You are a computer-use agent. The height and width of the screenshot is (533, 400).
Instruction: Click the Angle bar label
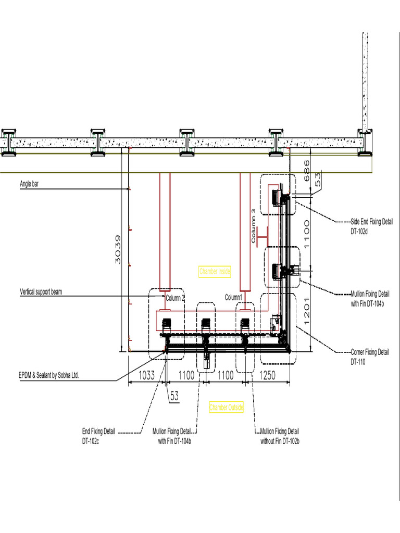point(29,184)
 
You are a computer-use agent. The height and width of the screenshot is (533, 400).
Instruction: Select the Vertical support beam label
point(41,292)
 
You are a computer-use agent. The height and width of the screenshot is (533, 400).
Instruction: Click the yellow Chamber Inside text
point(215,271)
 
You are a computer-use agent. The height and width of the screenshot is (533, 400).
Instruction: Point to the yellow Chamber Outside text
point(226,408)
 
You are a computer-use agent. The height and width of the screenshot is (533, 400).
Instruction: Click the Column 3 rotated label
point(254,226)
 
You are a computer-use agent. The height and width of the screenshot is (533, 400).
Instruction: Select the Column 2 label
point(175,298)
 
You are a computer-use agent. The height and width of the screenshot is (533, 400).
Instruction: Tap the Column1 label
point(234,297)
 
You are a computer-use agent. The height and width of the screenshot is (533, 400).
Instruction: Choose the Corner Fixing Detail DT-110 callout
point(369,356)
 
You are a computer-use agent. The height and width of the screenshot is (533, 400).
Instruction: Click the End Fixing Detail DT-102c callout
point(98,436)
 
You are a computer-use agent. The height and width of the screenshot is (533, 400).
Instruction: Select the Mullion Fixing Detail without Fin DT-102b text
point(280,436)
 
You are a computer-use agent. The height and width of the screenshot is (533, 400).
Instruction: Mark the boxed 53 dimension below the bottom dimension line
point(174,396)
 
